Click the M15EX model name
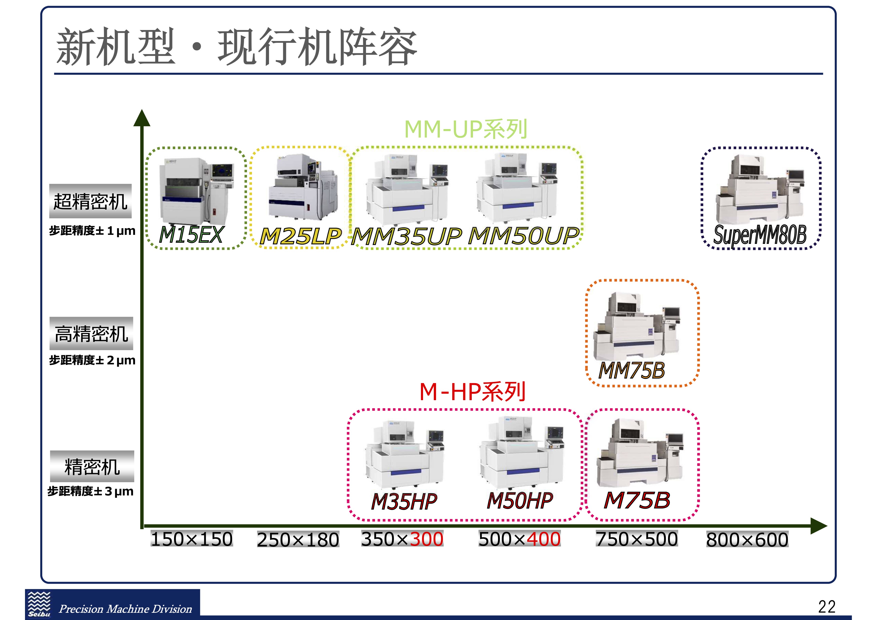190,235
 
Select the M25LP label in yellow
300,236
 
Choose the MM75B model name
631,371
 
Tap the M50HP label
520,500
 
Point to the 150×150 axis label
192,539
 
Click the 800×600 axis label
747,540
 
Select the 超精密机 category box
90,201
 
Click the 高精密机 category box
91,333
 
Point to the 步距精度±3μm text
90,491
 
